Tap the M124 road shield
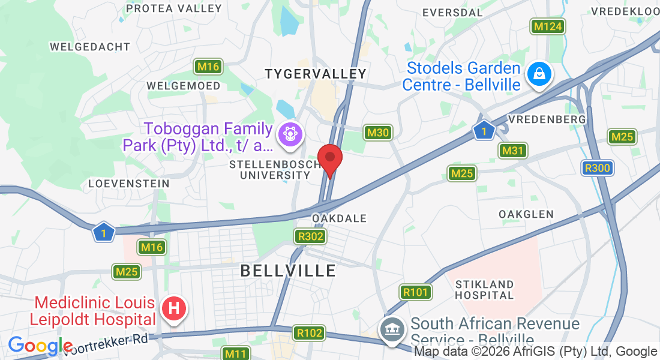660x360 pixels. click(547, 26)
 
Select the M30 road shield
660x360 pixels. click(378, 133)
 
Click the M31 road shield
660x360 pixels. click(513, 151)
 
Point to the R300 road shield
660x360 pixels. click(598, 168)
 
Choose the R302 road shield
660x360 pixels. click(311, 236)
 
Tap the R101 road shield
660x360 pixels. click(415, 293)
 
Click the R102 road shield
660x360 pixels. click(310, 333)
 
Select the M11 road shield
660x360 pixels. click(236, 354)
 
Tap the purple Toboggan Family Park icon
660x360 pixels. click(290, 133)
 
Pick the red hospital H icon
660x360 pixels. click(174, 309)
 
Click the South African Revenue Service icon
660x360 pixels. click(392, 329)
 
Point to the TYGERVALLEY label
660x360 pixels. click(316, 74)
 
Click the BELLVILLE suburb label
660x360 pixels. click(288, 271)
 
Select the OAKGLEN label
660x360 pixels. click(526, 214)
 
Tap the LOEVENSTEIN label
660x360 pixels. click(128, 183)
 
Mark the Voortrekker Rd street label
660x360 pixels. click(112, 341)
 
